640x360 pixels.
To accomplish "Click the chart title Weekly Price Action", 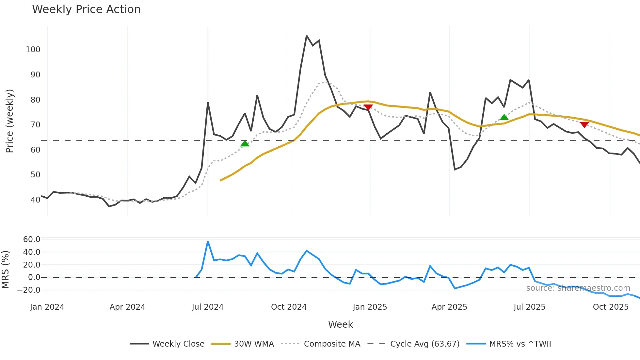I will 86,9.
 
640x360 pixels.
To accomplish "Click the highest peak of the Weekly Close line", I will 307,36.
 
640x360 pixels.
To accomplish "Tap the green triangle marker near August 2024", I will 245,144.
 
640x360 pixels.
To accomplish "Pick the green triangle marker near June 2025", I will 504,117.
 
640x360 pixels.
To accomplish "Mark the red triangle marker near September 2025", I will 584,124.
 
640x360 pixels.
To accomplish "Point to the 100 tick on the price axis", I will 33,50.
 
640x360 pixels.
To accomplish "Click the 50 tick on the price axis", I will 35,175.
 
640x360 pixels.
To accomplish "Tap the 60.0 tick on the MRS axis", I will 32,239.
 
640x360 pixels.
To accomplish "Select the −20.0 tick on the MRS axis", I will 29,290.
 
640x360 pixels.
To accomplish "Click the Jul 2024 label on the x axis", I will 207,307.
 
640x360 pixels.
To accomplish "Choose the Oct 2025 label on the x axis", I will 610,307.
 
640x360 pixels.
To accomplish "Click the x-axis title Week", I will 340,324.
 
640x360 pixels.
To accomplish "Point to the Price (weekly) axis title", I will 9,121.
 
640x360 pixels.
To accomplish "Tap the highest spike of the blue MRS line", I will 208,242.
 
